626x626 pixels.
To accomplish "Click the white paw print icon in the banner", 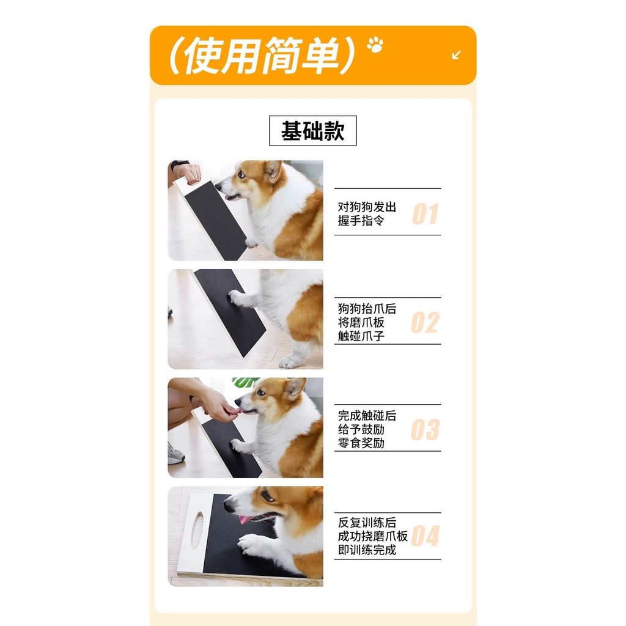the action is (375, 44).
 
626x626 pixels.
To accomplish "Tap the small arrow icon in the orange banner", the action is (456, 54).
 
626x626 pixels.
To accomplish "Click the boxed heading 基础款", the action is (312, 131).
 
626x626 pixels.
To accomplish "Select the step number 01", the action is (425, 213).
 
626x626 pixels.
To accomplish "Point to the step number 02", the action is (425, 323).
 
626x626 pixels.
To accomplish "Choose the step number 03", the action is (425, 430).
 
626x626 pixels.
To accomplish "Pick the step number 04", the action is (425, 536).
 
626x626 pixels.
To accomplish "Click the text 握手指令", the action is (361, 220).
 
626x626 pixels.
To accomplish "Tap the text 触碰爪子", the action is (361, 336).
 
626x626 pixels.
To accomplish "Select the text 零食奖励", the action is (361, 443).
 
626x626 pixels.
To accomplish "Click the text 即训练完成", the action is (367, 550).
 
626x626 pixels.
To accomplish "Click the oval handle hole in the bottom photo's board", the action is (197, 530).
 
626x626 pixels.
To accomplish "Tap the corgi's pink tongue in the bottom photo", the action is (245, 520).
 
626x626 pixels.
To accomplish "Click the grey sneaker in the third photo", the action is (175, 454).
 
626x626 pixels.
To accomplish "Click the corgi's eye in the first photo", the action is (241, 174).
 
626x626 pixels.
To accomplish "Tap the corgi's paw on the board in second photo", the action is (238, 298).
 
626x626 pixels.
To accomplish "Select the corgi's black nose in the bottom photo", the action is (229, 507).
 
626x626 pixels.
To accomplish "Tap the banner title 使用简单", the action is (262, 55).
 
